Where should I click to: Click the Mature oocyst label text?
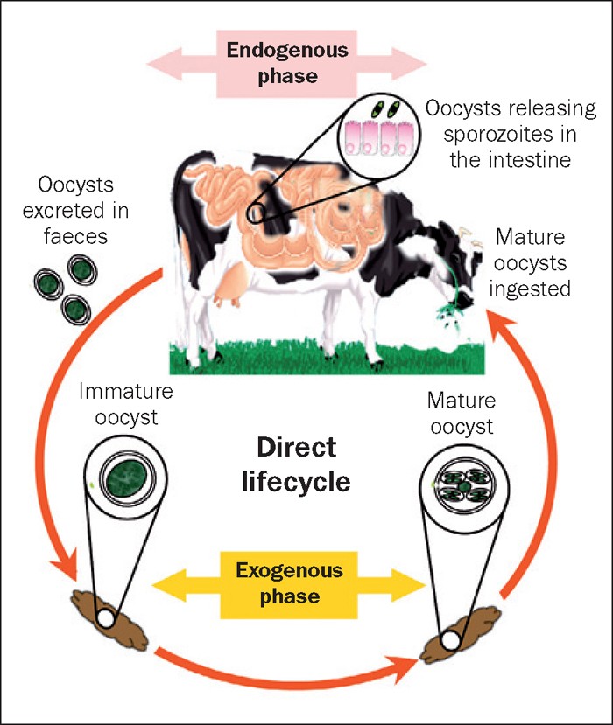coord(461,415)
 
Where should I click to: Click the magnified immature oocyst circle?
coord(126,478)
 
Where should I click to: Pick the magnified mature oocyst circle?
coord(462,484)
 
